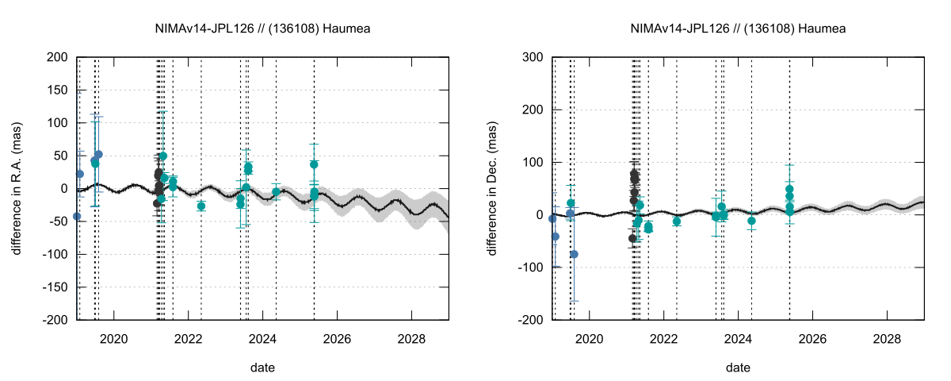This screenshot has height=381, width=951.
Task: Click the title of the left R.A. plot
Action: (262, 29)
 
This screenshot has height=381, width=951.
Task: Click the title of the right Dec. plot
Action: (738, 29)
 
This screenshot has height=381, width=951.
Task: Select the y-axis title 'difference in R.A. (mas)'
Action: (17, 189)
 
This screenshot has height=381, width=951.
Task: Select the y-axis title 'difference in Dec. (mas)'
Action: (492, 189)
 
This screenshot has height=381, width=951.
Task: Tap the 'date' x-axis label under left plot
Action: (262, 368)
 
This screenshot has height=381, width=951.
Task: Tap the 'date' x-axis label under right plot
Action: (738, 368)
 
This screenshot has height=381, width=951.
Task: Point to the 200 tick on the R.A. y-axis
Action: (57, 57)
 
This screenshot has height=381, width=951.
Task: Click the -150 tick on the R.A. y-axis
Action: (54, 287)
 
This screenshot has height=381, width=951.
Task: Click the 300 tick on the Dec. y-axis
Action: (533, 57)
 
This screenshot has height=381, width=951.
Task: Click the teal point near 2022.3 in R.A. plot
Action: (201, 206)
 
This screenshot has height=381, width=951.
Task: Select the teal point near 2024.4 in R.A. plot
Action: (276, 192)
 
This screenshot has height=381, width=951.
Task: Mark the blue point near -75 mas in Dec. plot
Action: (575, 254)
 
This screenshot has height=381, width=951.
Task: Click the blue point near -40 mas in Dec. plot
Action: (556, 236)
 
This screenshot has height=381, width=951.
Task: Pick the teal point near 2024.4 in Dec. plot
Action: (751, 221)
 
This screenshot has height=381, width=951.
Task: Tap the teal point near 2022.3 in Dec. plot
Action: (677, 221)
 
